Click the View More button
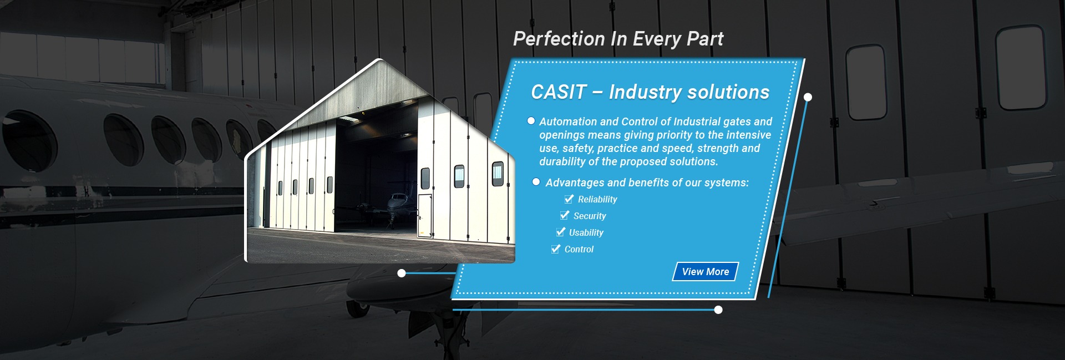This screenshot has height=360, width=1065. (x=706, y=271)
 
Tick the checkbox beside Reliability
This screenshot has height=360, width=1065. (x=569, y=199)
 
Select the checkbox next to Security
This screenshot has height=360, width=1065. (x=565, y=215)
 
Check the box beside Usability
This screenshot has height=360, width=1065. (x=560, y=232)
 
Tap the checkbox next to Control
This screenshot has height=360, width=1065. (x=556, y=249)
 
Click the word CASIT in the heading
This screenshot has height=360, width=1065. (x=559, y=92)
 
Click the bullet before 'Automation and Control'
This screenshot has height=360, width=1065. (x=531, y=121)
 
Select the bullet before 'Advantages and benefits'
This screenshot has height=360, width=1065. (x=536, y=181)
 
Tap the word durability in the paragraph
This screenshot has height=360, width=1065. (x=562, y=161)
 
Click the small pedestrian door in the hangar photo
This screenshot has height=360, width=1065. (x=425, y=216)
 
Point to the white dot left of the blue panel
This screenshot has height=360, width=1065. (x=402, y=273)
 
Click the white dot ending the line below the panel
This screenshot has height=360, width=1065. (x=718, y=310)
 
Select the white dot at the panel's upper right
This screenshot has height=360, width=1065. (x=808, y=97)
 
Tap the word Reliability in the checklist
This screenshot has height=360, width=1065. (x=597, y=200)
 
